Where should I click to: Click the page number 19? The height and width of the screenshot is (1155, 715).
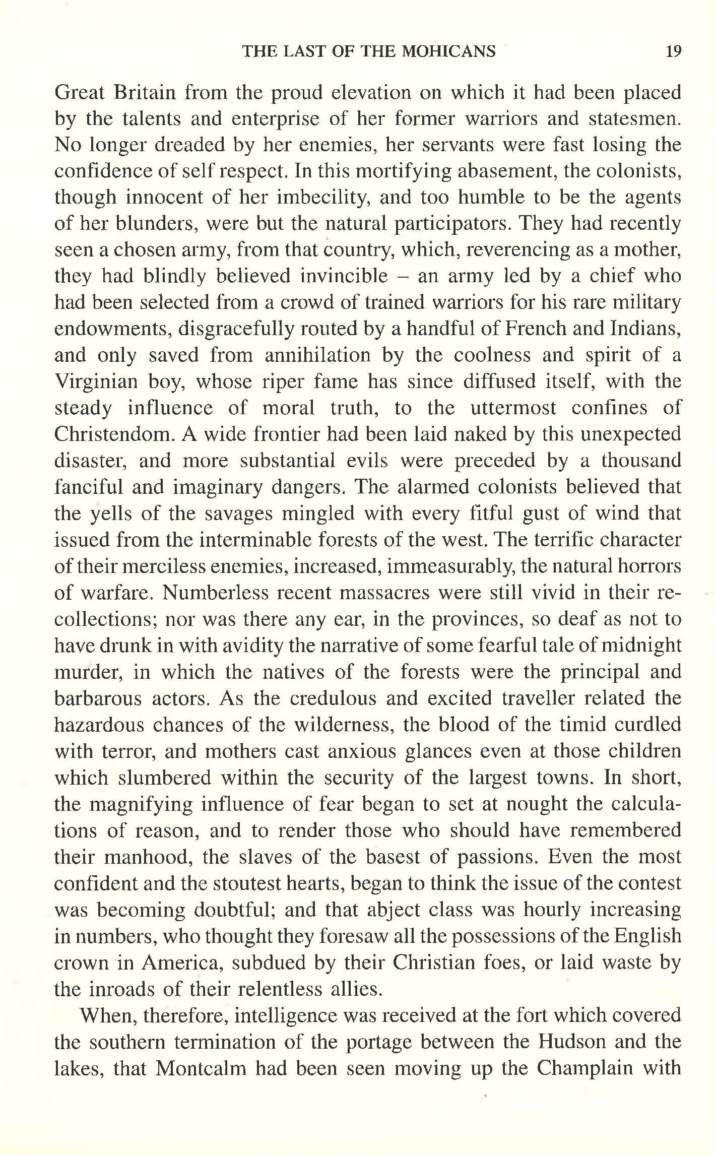(x=673, y=51)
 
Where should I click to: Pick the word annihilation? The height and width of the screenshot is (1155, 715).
(x=317, y=355)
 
